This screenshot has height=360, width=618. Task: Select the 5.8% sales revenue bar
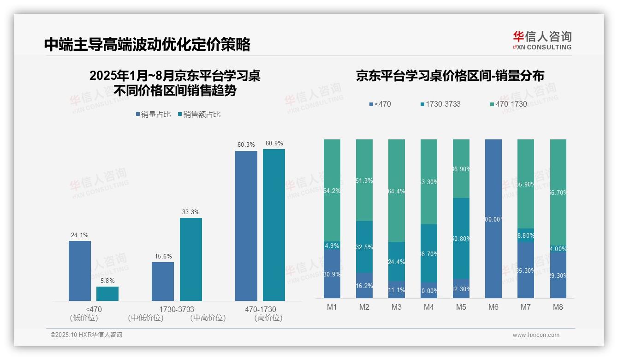pyautogui.click(x=107, y=294)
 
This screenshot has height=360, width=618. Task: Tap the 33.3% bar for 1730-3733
pyautogui.click(x=191, y=259)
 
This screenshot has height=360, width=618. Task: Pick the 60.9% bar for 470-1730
pyautogui.click(x=274, y=225)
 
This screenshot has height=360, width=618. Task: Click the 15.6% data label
pyautogui.click(x=163, y=256)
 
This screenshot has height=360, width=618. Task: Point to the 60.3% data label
pyautogui.click(x=246, y=145)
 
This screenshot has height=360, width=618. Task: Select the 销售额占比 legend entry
pyautogui.click(x=199, y=114)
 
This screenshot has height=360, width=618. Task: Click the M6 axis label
pyautogui.click(x=493, y=307)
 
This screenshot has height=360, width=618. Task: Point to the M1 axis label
pyautogui.click(x=332, y=307)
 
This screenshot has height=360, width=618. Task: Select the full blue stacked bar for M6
pyautogui.click(x=493, y=218)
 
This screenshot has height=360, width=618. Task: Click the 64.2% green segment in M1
pyautogui.click(x=332, y=190)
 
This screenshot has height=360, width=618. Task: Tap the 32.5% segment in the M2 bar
pyautogui.click(x=364, y=246)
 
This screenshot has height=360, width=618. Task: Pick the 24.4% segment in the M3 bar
pyautogui.click(x=397, y=262)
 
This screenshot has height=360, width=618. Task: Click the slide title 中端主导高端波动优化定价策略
pyautogui.click(x=147, y=44)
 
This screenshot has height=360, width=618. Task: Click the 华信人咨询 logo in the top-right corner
pyautogui.click(x=542, y=41)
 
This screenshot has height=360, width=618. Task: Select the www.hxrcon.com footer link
pyautogui.click(x=536, y=335)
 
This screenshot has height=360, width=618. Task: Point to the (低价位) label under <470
pyautogui.click(x=84, y=318)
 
